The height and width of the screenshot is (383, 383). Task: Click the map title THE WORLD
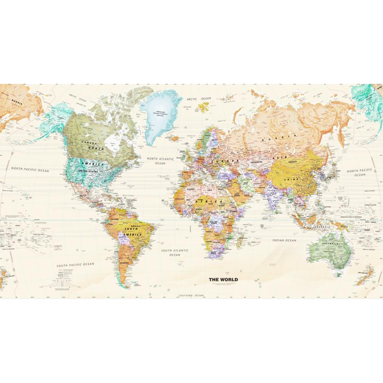(x=223, y=279)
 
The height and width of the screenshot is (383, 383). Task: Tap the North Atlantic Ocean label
(x=160, y=161)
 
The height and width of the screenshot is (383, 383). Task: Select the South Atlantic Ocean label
(x=175, y=252)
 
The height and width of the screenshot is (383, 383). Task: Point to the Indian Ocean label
(x=284, y=240)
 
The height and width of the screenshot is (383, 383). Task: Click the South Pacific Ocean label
(x=76, y=265)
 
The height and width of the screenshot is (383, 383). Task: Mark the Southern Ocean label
(x=191, y=295)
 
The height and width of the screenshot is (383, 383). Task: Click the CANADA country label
(x=89, y=143)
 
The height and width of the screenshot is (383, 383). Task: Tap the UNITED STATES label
(x=88, y=171)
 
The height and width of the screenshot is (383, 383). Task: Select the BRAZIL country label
(x=135, y=227)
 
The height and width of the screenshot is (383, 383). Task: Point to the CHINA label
(x=292, y=180)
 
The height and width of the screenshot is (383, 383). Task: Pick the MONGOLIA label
(x=293, y=162)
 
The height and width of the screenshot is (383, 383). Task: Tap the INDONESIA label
(x=322, y=227)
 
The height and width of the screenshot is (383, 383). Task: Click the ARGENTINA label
(x=123, y=263)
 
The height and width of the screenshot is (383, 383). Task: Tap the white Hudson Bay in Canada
(x=112, y=142)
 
